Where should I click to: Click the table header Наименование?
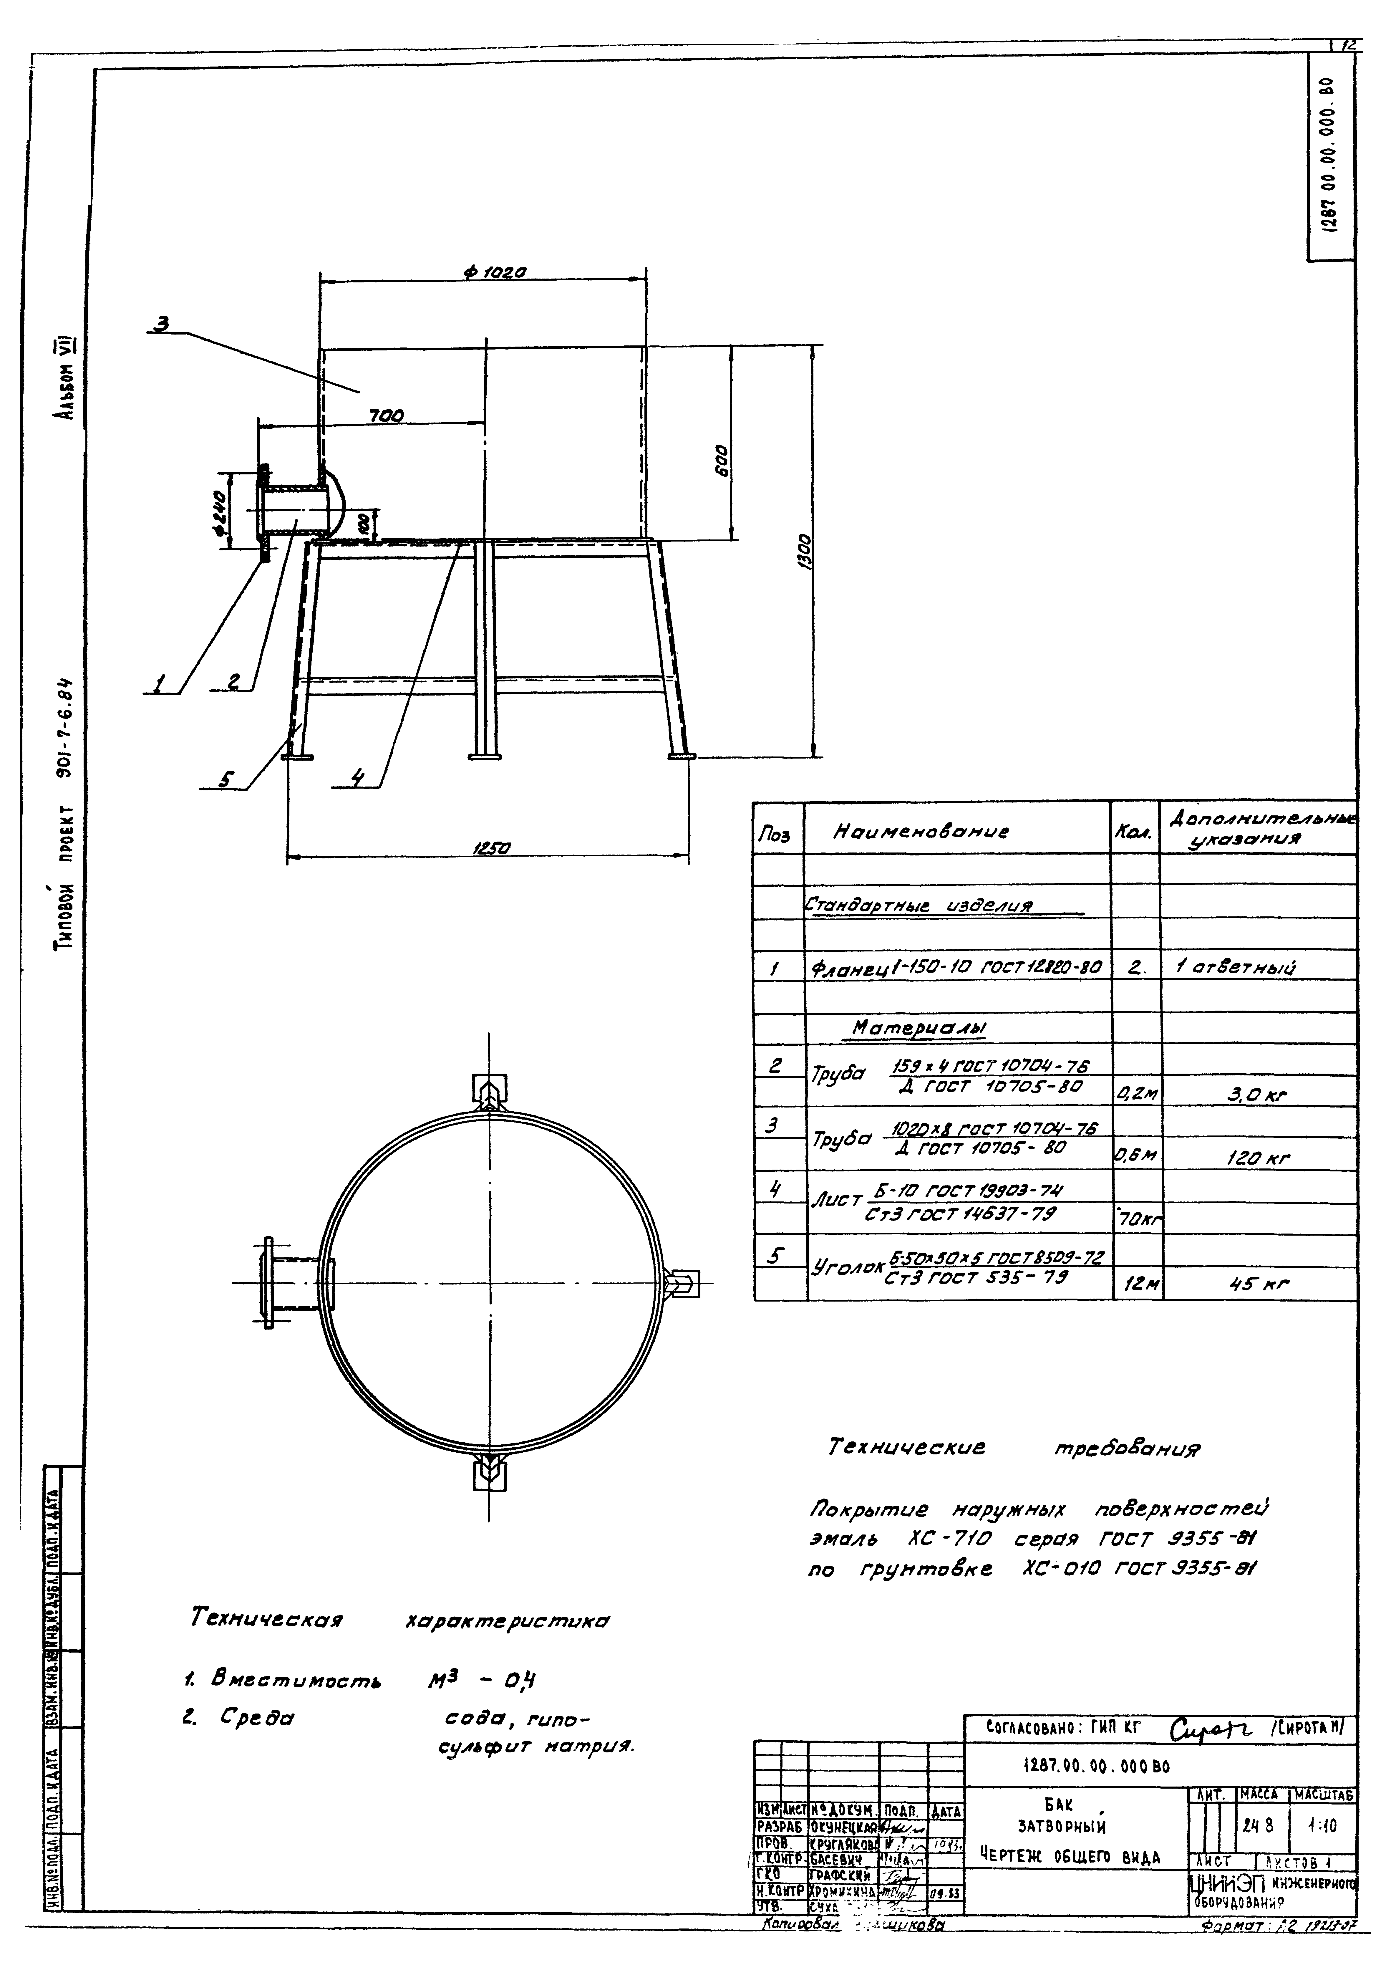[x=921, y=831]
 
